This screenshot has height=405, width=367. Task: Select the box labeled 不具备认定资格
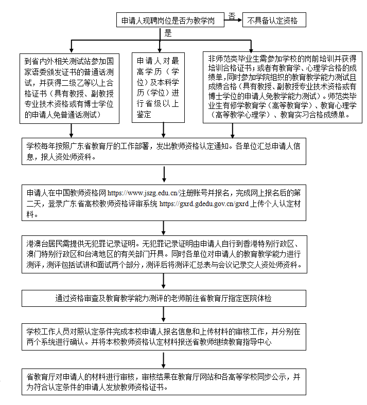(x=272, y=21)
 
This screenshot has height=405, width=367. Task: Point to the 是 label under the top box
(x=167, y=33)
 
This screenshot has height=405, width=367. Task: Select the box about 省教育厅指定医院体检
(x=164, y=298)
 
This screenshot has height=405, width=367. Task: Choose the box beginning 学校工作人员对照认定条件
(x=164, y=336)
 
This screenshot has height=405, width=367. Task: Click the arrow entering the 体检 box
(x=164, y=282)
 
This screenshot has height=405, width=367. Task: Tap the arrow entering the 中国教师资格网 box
(x=164, y=176)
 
